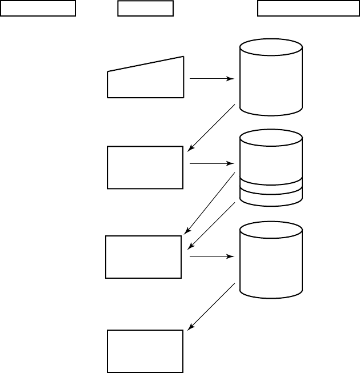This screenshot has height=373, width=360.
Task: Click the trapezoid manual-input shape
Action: [145, 80]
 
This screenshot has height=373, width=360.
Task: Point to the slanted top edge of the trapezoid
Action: [145, 64]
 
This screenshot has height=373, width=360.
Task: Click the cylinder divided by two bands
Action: [271, 166]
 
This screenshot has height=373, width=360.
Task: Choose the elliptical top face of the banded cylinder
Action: [271, 138]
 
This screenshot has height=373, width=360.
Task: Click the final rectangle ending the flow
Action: [145, 351]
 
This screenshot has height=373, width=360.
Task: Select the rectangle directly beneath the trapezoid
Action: [145, 167]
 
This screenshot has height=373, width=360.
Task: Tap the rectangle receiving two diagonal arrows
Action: [143, 256]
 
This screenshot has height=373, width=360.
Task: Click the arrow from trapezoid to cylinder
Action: [211, 79]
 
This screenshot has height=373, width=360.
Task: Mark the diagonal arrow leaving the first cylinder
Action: [211, 128]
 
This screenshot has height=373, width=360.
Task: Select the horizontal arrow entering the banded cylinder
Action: [211, 164]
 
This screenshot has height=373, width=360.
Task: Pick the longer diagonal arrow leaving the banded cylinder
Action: [209, 203]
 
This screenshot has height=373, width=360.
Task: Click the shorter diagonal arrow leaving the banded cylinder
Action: [211, 225]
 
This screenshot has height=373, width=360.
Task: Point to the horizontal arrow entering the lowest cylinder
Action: [211, 257]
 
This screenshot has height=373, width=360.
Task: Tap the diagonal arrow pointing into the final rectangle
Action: [211, 306]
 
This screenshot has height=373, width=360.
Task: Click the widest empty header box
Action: [308, 9]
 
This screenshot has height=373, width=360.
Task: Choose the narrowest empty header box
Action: [145, 9]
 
